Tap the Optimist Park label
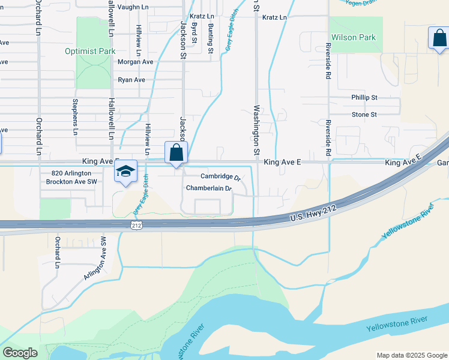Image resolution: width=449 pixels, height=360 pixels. [x=90, y=51]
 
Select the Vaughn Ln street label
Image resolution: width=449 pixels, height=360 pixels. [x=133, y=7]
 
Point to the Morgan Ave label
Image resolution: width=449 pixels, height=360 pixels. [x=136, y=62]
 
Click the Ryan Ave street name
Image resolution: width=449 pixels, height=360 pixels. [x=131, y=79]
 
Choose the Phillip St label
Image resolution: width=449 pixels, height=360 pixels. [x=364, y=97]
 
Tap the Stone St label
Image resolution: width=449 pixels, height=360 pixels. [x=364, y=114]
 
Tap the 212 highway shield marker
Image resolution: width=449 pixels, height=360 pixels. [x=137, y=224]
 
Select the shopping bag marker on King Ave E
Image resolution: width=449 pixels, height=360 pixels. [x=176, y=153]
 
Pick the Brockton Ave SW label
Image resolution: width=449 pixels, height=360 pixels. [x=71, y=181]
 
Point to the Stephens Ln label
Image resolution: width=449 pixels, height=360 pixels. [x=76, y=116]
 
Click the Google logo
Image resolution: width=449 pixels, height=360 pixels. [x=20, y=353]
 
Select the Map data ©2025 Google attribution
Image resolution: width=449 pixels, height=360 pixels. [x=411, y=355]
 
